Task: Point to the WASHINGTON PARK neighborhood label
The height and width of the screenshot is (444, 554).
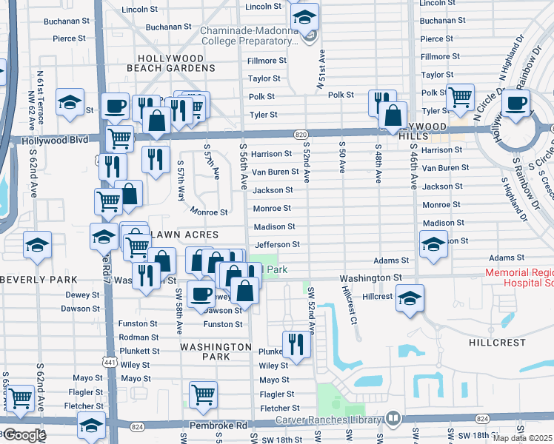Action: tap(216, 351)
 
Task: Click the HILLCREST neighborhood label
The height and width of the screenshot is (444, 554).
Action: tap(497, 343)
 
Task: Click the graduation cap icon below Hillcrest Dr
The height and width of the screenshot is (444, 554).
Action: tap(409, 298)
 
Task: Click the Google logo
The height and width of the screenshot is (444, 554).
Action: tap(24, 435)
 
